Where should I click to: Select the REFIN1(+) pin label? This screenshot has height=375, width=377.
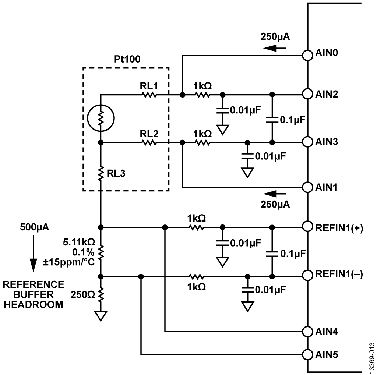click(x=339, y=228)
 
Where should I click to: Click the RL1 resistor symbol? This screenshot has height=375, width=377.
click(x=149, y=95)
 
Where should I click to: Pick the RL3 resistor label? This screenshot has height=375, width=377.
click(x=116, y=173)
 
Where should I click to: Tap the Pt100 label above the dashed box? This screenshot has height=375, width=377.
click(x=127, y=59)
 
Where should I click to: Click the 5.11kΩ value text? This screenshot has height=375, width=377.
click(x=79, y=242)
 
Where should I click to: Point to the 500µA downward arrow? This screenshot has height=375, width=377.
click(x=33, y=253)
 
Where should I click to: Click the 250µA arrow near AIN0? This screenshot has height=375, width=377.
click(x=275, y=48)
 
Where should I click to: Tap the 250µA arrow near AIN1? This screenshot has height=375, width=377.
click(x=275, y=193)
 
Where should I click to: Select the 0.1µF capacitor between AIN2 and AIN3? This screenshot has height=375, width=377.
click(x=272, y=120)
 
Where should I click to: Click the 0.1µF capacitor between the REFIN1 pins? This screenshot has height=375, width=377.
click(x=272, y=254)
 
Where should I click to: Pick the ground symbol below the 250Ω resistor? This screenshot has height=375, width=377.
click(x=101, y=316)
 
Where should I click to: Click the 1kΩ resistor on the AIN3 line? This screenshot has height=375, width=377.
click(x=203, y=143)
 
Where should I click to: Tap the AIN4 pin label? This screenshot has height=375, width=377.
click(x=327, y=332)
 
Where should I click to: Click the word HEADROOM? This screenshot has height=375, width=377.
click(x=34, y=305)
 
